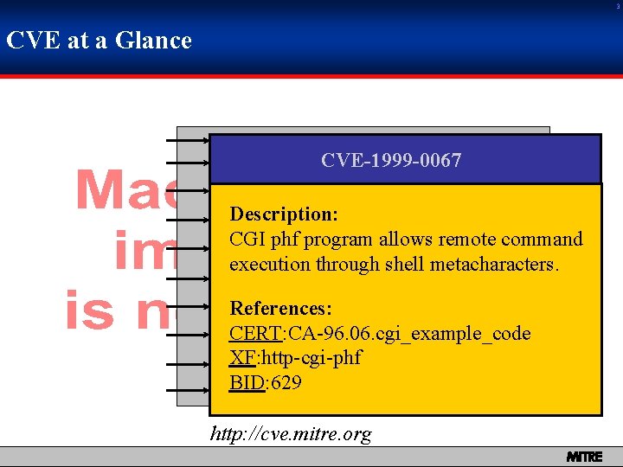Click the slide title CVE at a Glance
point(99,41)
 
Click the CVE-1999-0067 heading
point(391,160)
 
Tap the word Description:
point(283,214)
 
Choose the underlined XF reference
point(241,358)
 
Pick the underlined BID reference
point(247,382)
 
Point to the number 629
point(286,382)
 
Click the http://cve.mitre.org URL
point(291,434)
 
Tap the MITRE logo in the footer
point(584,457)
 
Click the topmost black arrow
point(185,138)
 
